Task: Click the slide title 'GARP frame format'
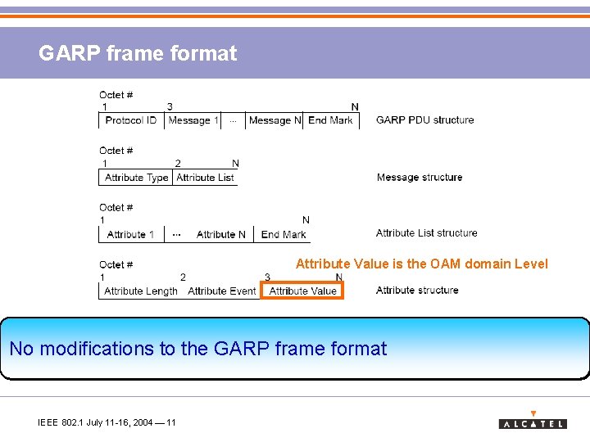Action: pyautogui.click(x=138, y=54)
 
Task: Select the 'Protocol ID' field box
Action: pyautogui.click(x=131, y=120)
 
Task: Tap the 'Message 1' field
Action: pyautogui.click(x=193, y=120)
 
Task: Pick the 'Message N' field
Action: pyautogui.click(x=275, y=120)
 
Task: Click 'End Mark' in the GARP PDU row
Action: pyautogui.click(x=330, y=120)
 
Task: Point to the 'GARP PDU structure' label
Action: pyautogui.click(x=424, y=120)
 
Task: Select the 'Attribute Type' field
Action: pyautogui.click(x=136, y=178)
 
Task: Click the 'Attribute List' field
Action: pyautogui.click(x=205, y=178)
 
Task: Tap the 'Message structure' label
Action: pyautogui.click(x=419, y=177)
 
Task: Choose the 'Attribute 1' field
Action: pyautogui.click(x=130, y=235)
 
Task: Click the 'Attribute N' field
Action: pyautogui.click(x=220, y=235)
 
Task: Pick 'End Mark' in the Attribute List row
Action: pyautogui.click(x=283, y=235)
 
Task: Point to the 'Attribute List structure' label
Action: pyautogui.click(x=426, y=233)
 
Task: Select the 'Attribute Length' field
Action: pyautogui.click(x=141, y=291)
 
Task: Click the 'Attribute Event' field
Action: pyautogui.click(x=222, y=291)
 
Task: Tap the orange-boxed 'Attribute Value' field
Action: pyautogui.click(x=302, y=291)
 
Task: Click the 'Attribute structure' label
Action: pyautogui.click(x=417, y=291)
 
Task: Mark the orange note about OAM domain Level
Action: pyautogui.click(x=421, y=264)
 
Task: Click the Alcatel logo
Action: pyautogui.click(x=533, y=421)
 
